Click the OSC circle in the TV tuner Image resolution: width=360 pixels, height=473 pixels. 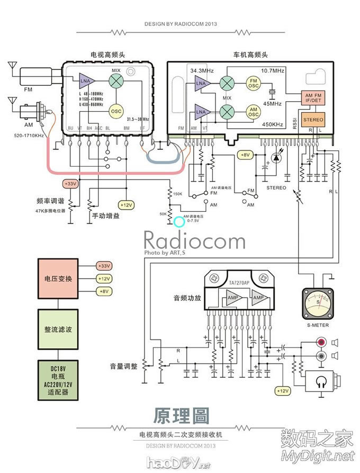point(116,111)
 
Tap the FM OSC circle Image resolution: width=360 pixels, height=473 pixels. point(254,83)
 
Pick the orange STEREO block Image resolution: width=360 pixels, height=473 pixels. point(313,120)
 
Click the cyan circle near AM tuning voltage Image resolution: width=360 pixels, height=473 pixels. point(179,220)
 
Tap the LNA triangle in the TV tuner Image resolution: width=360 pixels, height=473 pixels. point(85,81)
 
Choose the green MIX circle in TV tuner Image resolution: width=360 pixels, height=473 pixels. point(116,81)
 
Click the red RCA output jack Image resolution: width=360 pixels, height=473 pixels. point(321,343)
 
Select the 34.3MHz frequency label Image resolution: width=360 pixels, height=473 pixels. point(201,70)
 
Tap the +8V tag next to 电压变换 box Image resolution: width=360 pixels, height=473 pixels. point(104,291)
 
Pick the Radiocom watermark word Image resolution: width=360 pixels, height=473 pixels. point(194,241)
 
